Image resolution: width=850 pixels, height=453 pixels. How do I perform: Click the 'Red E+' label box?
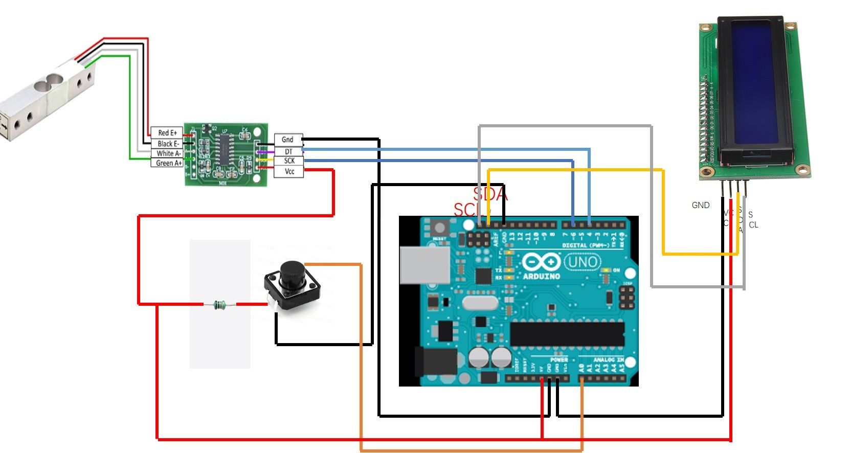pos(167,133)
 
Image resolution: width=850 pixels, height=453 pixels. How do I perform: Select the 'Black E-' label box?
pos(167,144)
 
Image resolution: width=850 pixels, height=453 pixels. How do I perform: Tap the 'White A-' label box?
pos(167,153)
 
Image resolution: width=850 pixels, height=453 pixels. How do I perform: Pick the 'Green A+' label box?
pos(167,163)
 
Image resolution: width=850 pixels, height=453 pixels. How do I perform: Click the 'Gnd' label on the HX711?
pos(288,140)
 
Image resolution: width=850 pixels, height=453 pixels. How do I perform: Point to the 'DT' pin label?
pos(288,151)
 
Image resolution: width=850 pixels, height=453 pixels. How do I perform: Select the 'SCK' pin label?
pos(289,161)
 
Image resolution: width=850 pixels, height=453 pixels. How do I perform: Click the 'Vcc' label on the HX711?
pos(289,171)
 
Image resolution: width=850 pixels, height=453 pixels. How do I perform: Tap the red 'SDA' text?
pos(490,194)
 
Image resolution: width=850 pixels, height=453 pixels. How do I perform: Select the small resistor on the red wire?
pos(219,305)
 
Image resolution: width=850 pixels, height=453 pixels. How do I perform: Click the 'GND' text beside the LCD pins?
pos(700,205)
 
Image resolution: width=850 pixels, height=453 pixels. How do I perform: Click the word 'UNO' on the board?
pos(583,263)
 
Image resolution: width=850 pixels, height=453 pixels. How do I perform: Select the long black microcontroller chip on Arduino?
pos(567,334)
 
